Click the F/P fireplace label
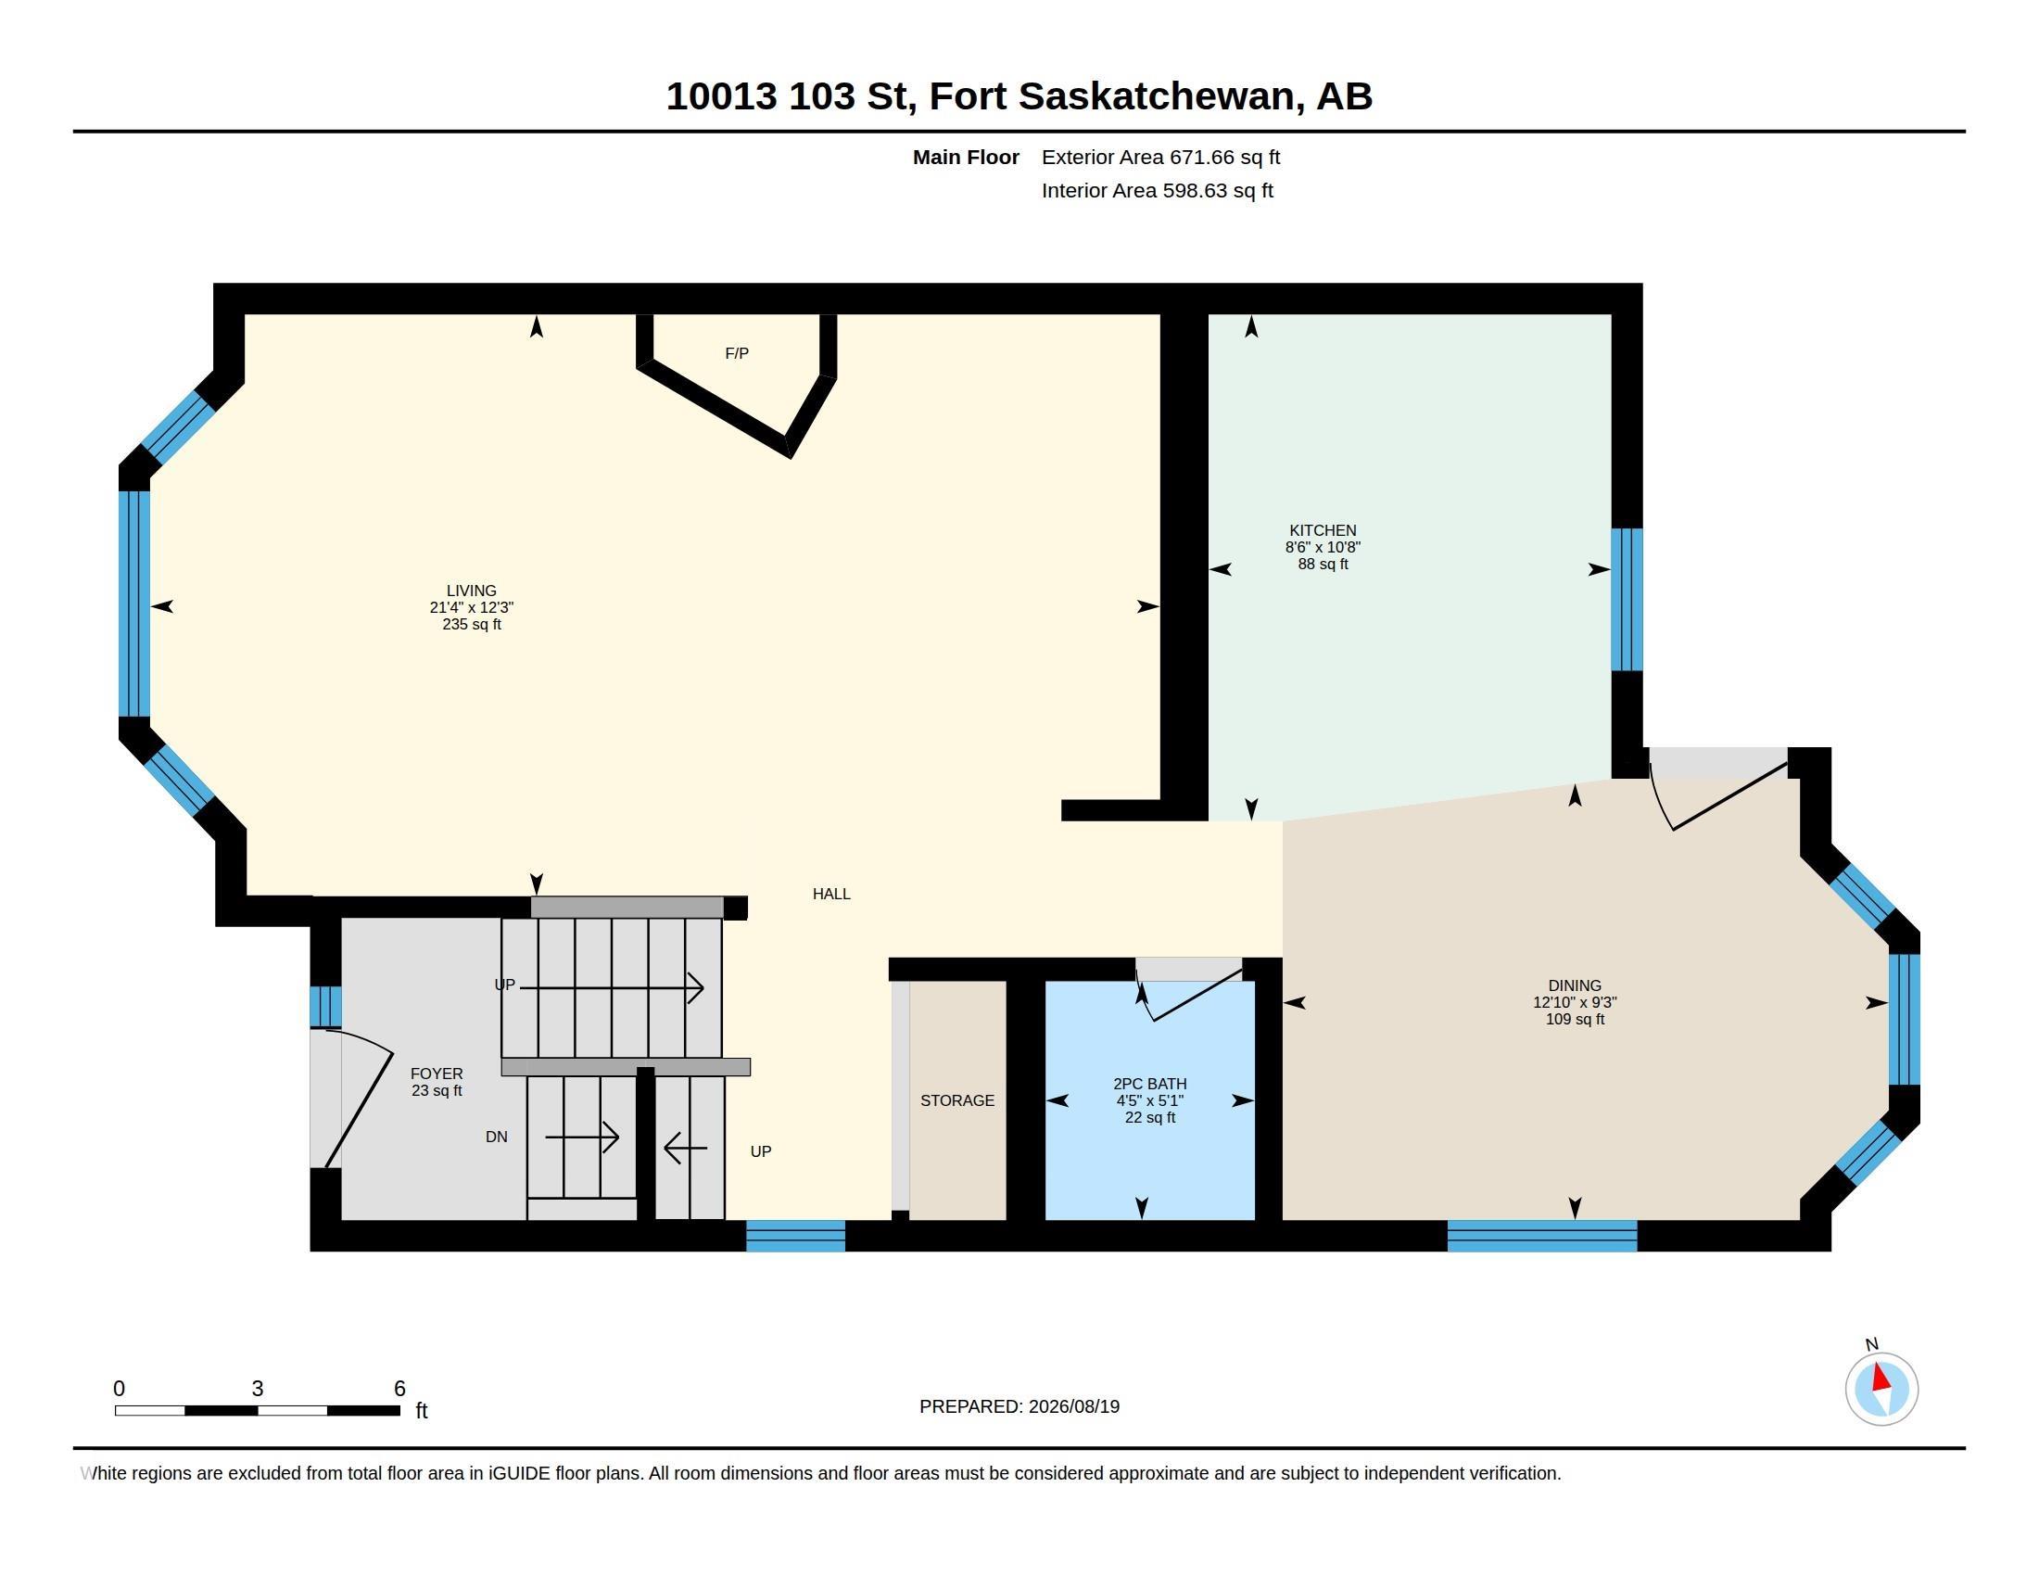[737, 353]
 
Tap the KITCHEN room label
[1323, 530]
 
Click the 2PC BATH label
[1149, 1084]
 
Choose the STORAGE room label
[957, 1100]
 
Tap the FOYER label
[436, 1074]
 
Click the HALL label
[831, 894]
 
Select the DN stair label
[497, 1137]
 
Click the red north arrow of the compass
[1881, 1378]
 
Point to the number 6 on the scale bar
[399, 1389]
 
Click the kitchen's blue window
[1627, 600]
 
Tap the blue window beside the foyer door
[325, 1007]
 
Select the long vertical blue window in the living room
[134, 604]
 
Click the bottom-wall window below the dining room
[1541, 1235]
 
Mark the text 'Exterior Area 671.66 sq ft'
[1160, 158]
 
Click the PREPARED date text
[1019, 1406]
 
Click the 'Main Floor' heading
[966, 158]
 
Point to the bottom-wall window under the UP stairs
[795, 1235]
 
